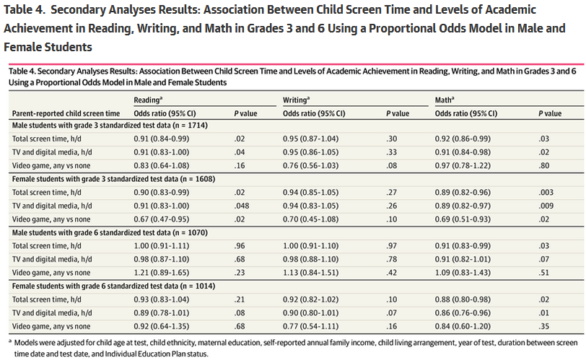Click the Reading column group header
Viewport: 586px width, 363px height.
pos(148,100)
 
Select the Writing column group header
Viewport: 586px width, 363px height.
pos(297,100)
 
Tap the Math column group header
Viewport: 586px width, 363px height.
pos(445,100)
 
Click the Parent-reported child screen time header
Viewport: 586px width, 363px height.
pos(66,113)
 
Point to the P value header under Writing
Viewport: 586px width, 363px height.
pos(398,113)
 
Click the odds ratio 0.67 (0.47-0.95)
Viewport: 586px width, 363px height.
pos(162,219)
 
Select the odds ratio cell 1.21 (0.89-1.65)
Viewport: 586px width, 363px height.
pos(162,273)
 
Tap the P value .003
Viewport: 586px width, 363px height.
pos(546,192)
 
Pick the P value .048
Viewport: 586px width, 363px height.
pos(242,206)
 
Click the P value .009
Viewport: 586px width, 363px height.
pos(546,206)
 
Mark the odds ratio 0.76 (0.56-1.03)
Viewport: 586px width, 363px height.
pos(310,165)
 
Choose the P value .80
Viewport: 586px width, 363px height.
pos(543,165)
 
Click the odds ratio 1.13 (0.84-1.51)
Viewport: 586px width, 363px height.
pos(310,273)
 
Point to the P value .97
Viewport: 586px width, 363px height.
pos(392,245)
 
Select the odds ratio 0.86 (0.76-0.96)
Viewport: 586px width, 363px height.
pos(463,313)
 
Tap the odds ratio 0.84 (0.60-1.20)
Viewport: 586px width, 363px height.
pos(463,326)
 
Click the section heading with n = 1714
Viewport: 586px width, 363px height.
pos(110,126)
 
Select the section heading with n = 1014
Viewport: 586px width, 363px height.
pos(113,286)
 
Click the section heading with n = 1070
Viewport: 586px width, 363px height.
pos(110,232)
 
